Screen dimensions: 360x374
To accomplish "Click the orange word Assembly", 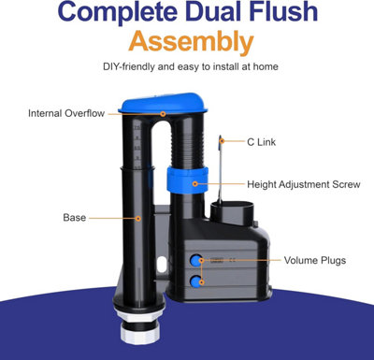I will (191, 42).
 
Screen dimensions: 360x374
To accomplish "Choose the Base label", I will (74, 218).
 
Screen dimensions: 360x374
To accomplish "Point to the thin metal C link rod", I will (218, 173).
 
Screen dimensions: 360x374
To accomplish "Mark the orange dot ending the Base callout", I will (137, 218).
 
